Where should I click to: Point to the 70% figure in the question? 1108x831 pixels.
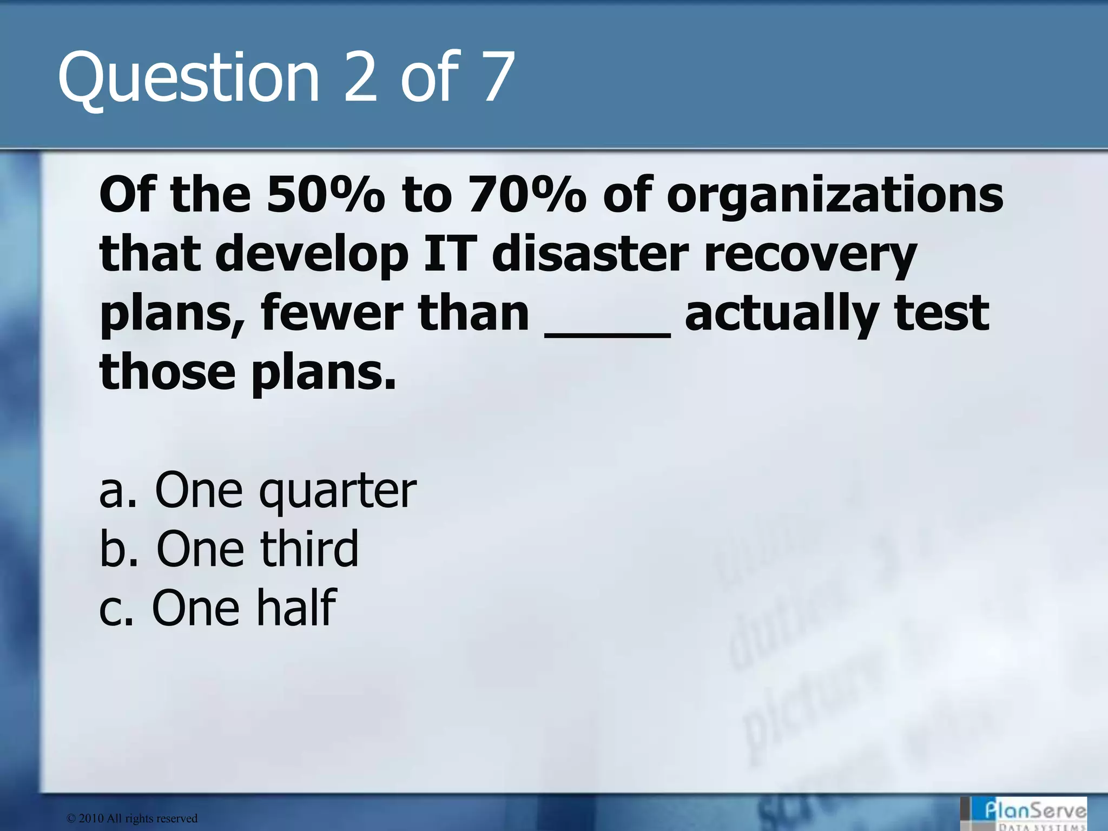(527, 195)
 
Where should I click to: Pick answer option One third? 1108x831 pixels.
(229, 549)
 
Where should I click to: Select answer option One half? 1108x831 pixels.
(217, 608)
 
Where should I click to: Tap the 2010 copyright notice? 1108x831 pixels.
(132, 819)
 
